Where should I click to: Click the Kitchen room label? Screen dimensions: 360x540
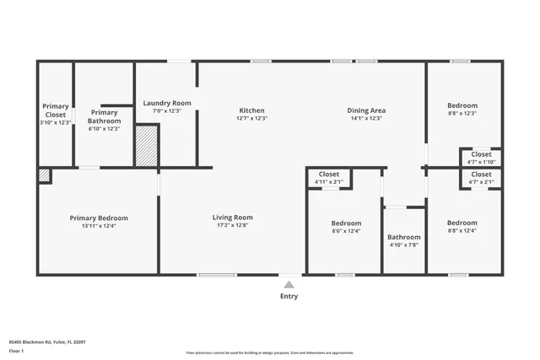coord(252,110)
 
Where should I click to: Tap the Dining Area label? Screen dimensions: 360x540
coord(366,110)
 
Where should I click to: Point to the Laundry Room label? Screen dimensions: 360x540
coord(167,103)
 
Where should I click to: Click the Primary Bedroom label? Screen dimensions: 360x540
coord(99,218)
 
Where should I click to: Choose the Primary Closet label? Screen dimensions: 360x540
coord(57,110)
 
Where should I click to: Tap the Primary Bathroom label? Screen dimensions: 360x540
coord(105,116)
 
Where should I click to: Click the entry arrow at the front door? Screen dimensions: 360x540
coord(289,284)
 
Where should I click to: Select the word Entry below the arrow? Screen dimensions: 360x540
coord(289,296)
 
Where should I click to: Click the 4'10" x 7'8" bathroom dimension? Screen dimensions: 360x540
coord(404,244)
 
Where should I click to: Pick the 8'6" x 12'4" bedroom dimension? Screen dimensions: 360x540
coord(346,230)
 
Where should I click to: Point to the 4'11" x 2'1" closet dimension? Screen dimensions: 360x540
coord(328,181)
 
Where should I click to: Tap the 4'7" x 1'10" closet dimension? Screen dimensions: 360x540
coord(481,162)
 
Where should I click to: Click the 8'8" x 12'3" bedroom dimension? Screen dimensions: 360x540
coord(462,113)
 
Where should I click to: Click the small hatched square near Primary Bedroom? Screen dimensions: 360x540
coord(44,175)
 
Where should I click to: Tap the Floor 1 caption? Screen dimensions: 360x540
coord(16,350)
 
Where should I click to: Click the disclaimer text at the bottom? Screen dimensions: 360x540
coord(270,353)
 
